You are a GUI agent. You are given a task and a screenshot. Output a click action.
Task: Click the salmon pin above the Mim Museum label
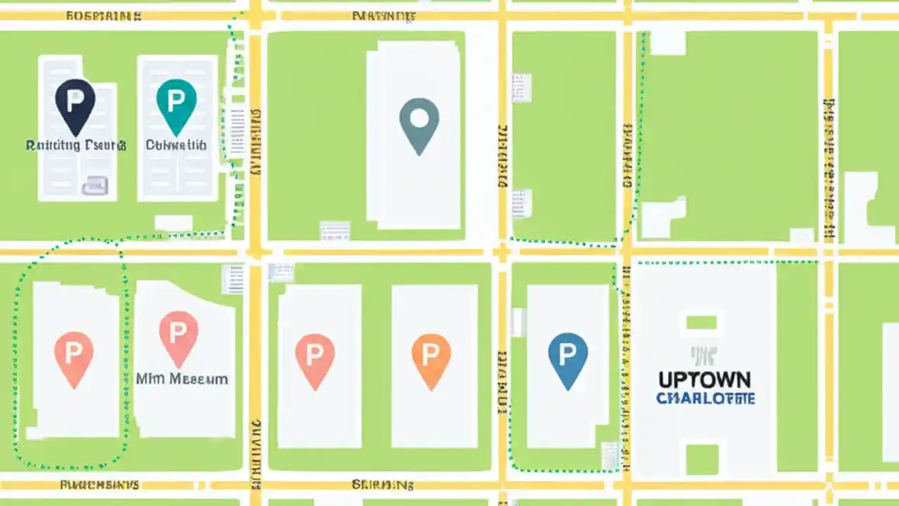pyautogui.click(x=178, y=336)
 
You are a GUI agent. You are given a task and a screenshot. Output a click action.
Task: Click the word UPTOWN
pyautogui.click(x=704, y=380)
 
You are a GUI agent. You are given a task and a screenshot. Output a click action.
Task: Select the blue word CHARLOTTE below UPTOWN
pyautogui.click(x=705, y=398)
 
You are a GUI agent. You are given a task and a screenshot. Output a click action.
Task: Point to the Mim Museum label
pyautogui.click(x=182, y=379)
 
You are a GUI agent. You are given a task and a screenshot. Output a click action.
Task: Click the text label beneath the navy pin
pyautogui.click(x=76, y=145)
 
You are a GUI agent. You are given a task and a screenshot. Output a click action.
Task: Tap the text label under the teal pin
pyautogui.click(x=176, y=145)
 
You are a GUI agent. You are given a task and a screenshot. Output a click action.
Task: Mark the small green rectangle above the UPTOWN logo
pyautogui.click(x=701, y=323)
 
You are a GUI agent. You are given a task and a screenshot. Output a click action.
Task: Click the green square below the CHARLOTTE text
pyautogui.click(x=702, y=459)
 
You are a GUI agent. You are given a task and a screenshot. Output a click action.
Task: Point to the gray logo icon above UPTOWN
pyautogui.click(x=702, y=356)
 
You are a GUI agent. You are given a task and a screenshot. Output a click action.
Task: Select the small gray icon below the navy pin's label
pyautogui.click(x=95, y=186)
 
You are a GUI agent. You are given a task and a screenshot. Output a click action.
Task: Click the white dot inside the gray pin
pyautogui.click(x=419, y=117)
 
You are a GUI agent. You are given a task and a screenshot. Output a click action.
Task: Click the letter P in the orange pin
pyautogui.click(x=431, y=351)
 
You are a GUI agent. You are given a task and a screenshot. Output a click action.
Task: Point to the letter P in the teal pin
pyautogui.click(x=176, y=98)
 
